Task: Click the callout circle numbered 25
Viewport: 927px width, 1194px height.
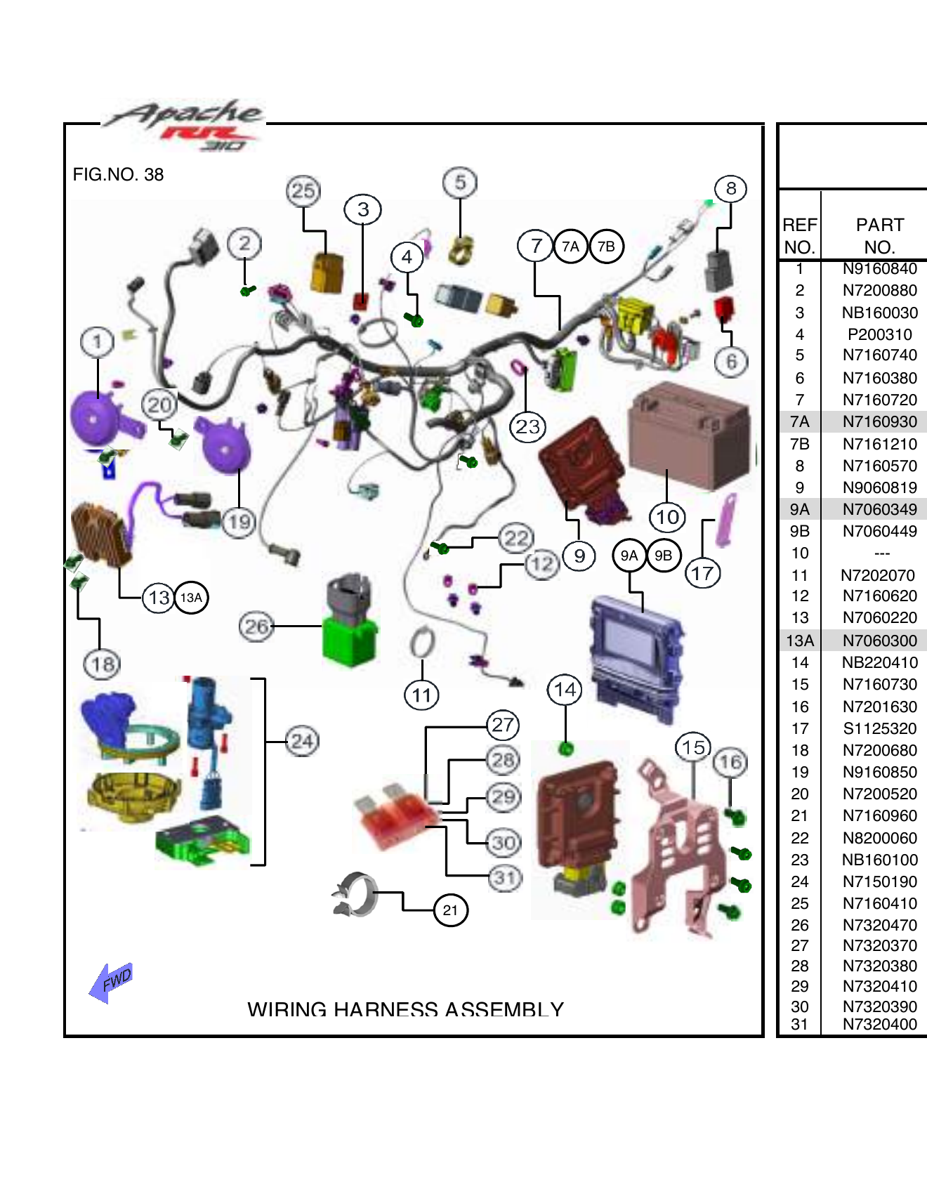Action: (x=303, y=191)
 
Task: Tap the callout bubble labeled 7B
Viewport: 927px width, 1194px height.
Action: (x=606, y=247)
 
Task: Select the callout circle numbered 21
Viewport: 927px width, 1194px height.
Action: (x=450, y=910)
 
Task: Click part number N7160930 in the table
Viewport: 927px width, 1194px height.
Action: (x=879, y=421)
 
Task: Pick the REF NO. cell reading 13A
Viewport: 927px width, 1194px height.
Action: (x=799, y=641)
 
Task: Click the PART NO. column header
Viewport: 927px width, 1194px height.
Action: (x=879, y=236)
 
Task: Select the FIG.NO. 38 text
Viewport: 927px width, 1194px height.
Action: (x=118, y=175)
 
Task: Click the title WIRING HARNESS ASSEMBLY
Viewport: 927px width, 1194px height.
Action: (x=405, y=1009)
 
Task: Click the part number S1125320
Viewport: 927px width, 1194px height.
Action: (x=879, y=728)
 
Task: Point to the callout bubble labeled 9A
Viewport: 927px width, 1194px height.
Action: (x=629, y=556)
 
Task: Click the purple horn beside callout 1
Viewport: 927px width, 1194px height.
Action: (x=97, y=419)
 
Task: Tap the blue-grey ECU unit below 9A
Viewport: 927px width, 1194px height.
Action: (x=635, y=657)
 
